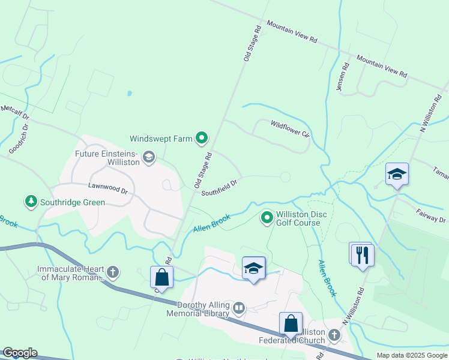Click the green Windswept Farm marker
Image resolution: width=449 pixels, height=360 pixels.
(x=202, y=139)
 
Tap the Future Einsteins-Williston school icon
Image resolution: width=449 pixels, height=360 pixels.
(x=149, y=158)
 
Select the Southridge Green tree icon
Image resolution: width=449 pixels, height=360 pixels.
(x=31, y=200)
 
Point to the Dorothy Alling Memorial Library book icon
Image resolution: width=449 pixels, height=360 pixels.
(x=239, y=308)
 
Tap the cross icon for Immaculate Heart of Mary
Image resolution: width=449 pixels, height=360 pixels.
(x=112, y=272)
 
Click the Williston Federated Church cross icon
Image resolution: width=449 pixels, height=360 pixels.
(x=334, y=335)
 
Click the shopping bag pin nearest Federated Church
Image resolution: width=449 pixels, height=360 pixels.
(x=291, y=324)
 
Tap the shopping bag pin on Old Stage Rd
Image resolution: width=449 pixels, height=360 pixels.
(x=161, y=277)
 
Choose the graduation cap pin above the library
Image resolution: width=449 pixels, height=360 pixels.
(x=254, y=269)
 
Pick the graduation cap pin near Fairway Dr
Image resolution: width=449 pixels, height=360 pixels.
(x=397, y=175)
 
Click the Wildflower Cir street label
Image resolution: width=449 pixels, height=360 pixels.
(x=289, y=128)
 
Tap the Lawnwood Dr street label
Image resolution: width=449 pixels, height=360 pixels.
(x=108, y=188)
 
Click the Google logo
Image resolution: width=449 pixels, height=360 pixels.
(x=20, y=353)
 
